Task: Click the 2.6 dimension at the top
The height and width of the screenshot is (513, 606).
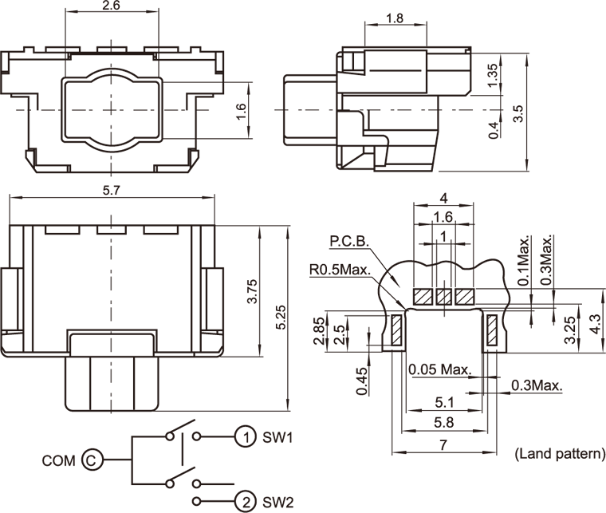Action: coord(111,6)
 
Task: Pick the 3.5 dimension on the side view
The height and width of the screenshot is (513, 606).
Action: coord(518,112)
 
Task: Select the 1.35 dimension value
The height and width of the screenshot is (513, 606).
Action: coord(492,75)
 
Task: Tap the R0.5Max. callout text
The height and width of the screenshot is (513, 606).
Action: coord(340,270)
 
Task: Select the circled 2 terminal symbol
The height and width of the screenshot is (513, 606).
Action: coord(246,502)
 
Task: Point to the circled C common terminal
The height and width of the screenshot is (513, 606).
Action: coord(92,460)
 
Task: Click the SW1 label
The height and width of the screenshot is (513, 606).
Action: coord(278,437)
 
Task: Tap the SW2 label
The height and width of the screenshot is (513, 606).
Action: coord(278,503)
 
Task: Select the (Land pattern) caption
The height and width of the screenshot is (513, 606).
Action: coord(559,454)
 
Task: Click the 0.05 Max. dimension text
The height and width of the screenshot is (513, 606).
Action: coord(439,369)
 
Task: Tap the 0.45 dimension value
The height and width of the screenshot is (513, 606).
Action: coord(363,381)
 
